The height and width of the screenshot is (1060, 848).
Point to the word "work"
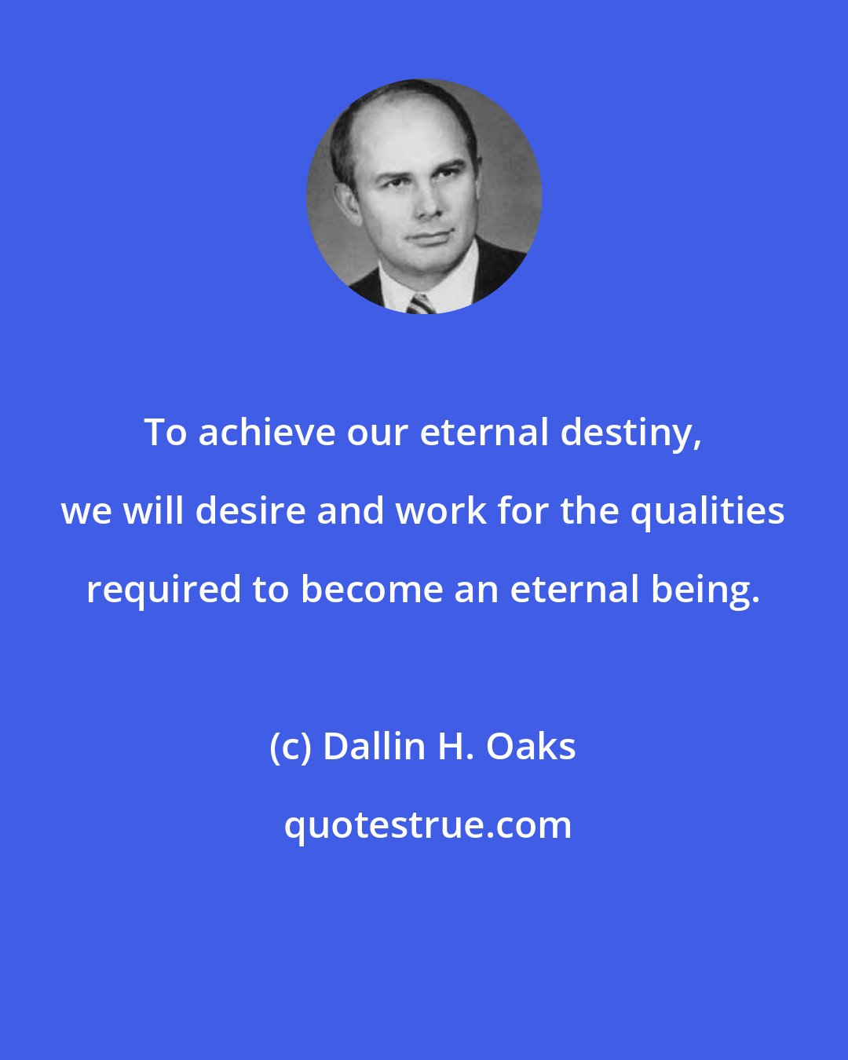coord(441,511)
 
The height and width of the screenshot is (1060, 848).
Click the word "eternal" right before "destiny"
coord(484,433)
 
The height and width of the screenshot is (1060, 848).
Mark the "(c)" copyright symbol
coord(291,747)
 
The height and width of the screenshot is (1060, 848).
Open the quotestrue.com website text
coord(428,825)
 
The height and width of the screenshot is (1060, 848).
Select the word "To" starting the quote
coord(166,433)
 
